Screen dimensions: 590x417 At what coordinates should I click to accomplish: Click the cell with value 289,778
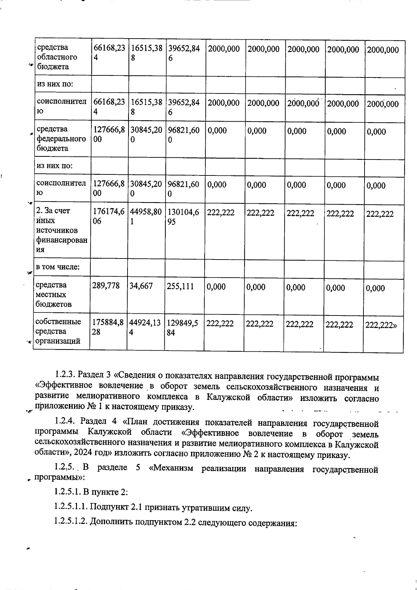pyautogui.click(x=106, y=286)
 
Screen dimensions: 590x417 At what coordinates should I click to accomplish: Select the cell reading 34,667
pyautogui.click(x=141, y=286)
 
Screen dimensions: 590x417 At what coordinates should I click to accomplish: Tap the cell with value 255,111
pyautogui.click(x=180, y=286)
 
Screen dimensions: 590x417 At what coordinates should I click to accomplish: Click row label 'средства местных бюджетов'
pyautogui.click(x=54, y=295)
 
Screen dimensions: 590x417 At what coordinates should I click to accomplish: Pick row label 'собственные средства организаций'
pyautogui.click(x=58, y=331)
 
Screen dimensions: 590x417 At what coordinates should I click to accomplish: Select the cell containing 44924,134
pyautogui.click(x=145, y=327)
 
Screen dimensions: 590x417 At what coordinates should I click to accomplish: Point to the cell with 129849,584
pyautogui.click(x=182, y=328)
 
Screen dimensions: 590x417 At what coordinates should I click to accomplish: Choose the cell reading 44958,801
pyautogui.click(x=146, y=216)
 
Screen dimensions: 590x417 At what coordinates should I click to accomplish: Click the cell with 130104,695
pyautogui.click(x=183, y=216)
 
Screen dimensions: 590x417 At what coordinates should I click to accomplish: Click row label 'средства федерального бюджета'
pyautogui.click(x=61, y=139)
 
